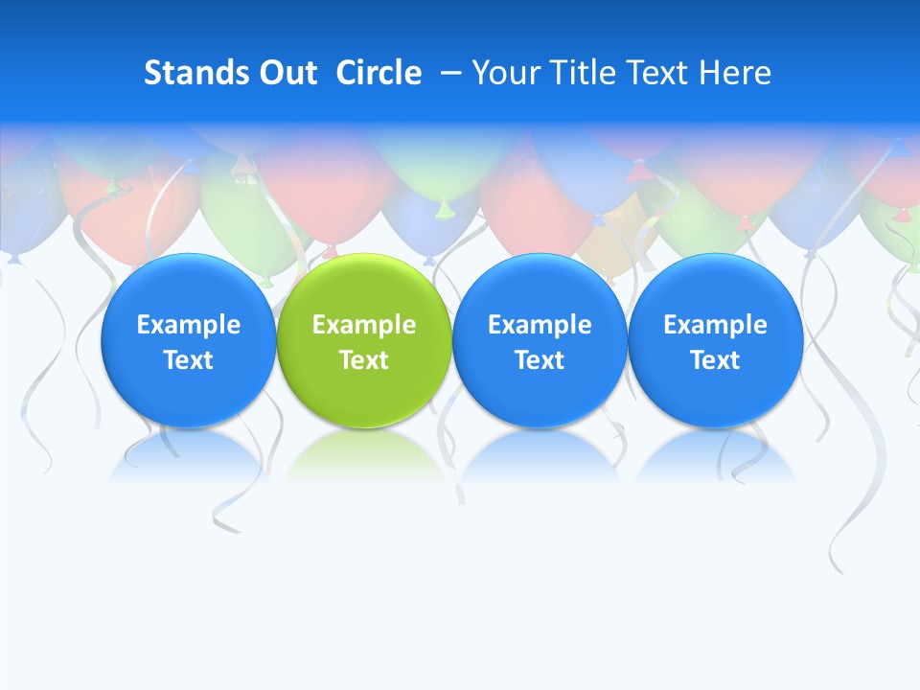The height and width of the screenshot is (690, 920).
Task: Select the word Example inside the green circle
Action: (x=364, y=325)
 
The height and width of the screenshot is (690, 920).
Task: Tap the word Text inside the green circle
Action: (x=364, y=360)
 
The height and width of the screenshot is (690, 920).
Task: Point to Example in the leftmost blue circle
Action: (x=188, y=325)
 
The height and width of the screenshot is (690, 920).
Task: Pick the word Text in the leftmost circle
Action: (x=188, y=360)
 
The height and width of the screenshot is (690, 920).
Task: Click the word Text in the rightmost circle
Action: (x=715, y=360)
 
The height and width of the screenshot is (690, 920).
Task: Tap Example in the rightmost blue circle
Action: (x=715, y=325)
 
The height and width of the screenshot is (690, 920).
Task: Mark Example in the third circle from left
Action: (x=540, y=325)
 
